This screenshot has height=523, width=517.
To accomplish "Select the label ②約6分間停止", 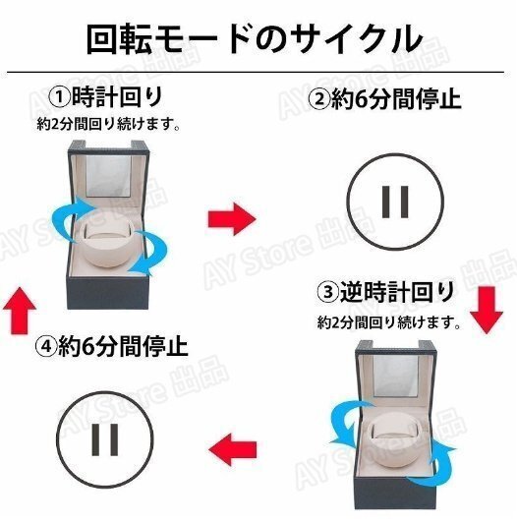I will coord(385,99).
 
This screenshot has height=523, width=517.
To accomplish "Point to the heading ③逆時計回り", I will coord(385,292).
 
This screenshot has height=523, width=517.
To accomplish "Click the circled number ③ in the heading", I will coord(327,293).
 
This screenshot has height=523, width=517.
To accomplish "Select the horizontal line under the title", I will coord(258,73).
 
